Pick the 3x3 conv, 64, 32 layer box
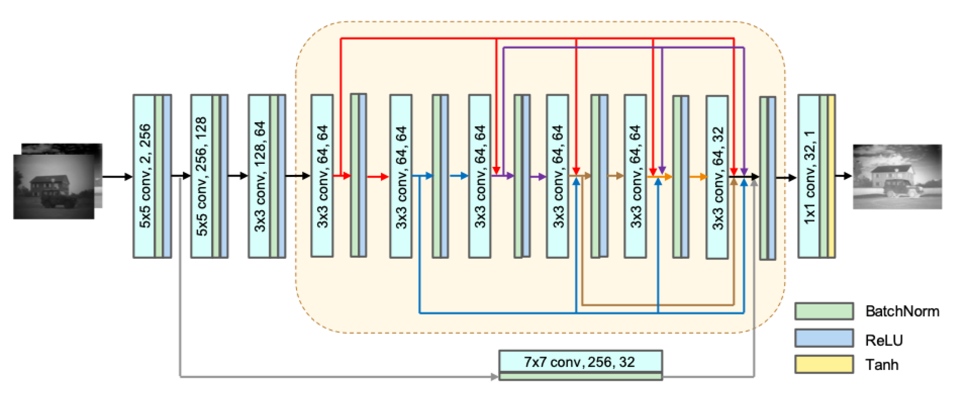tap(716, 177)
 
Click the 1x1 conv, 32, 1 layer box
tap(808, 176)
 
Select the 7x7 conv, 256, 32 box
tap(580, 361)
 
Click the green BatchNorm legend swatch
tap(824, 311)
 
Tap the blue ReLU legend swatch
tap(824, 338)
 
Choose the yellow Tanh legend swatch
tap(824, 364)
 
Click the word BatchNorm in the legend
tap(902, 311)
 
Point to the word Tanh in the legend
tap(881, 364)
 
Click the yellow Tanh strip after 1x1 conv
tap(831, 176)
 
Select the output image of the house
tap(897, 176)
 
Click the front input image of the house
tap(53, 186)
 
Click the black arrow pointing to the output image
tap(843, 176)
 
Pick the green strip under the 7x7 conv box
tap(580, 376)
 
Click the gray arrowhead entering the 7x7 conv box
tap(494, 377)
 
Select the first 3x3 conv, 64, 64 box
tap(322, 176)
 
